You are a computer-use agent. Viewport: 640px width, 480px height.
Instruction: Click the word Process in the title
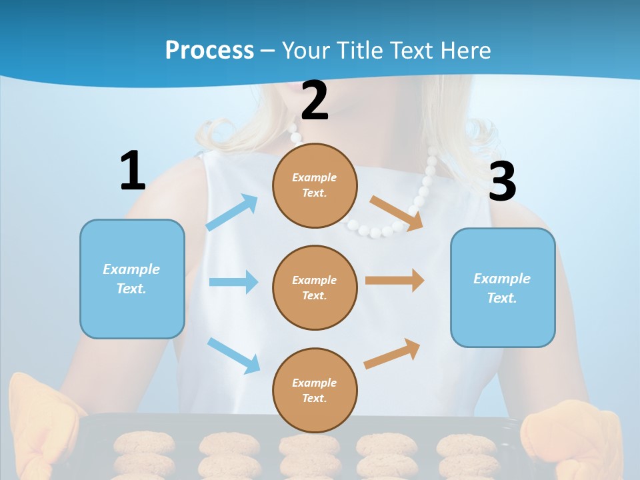[209, 50]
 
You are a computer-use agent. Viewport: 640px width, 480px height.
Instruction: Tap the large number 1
[133, 171]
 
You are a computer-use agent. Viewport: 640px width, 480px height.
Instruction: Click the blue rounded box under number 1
[132, 279]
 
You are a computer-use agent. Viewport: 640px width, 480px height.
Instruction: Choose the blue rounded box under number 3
[503, 287]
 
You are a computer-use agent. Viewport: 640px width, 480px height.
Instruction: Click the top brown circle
[315, 185]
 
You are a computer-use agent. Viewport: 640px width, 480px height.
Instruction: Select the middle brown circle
[315, 287]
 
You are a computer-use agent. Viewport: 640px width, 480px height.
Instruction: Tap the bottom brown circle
[315, 390]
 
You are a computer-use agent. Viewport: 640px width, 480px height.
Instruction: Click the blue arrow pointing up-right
[232, 213]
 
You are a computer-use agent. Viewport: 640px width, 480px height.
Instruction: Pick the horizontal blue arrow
[233, 282]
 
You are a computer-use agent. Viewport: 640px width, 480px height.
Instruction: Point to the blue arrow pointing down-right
[233, 355]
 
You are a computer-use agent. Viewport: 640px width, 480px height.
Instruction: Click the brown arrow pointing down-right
[396, 213]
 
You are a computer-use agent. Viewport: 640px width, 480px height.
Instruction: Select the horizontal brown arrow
[395, 281]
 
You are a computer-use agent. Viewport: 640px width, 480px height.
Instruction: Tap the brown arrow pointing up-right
[392, 354]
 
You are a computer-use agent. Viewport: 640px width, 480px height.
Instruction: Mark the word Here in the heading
[467, 50]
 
